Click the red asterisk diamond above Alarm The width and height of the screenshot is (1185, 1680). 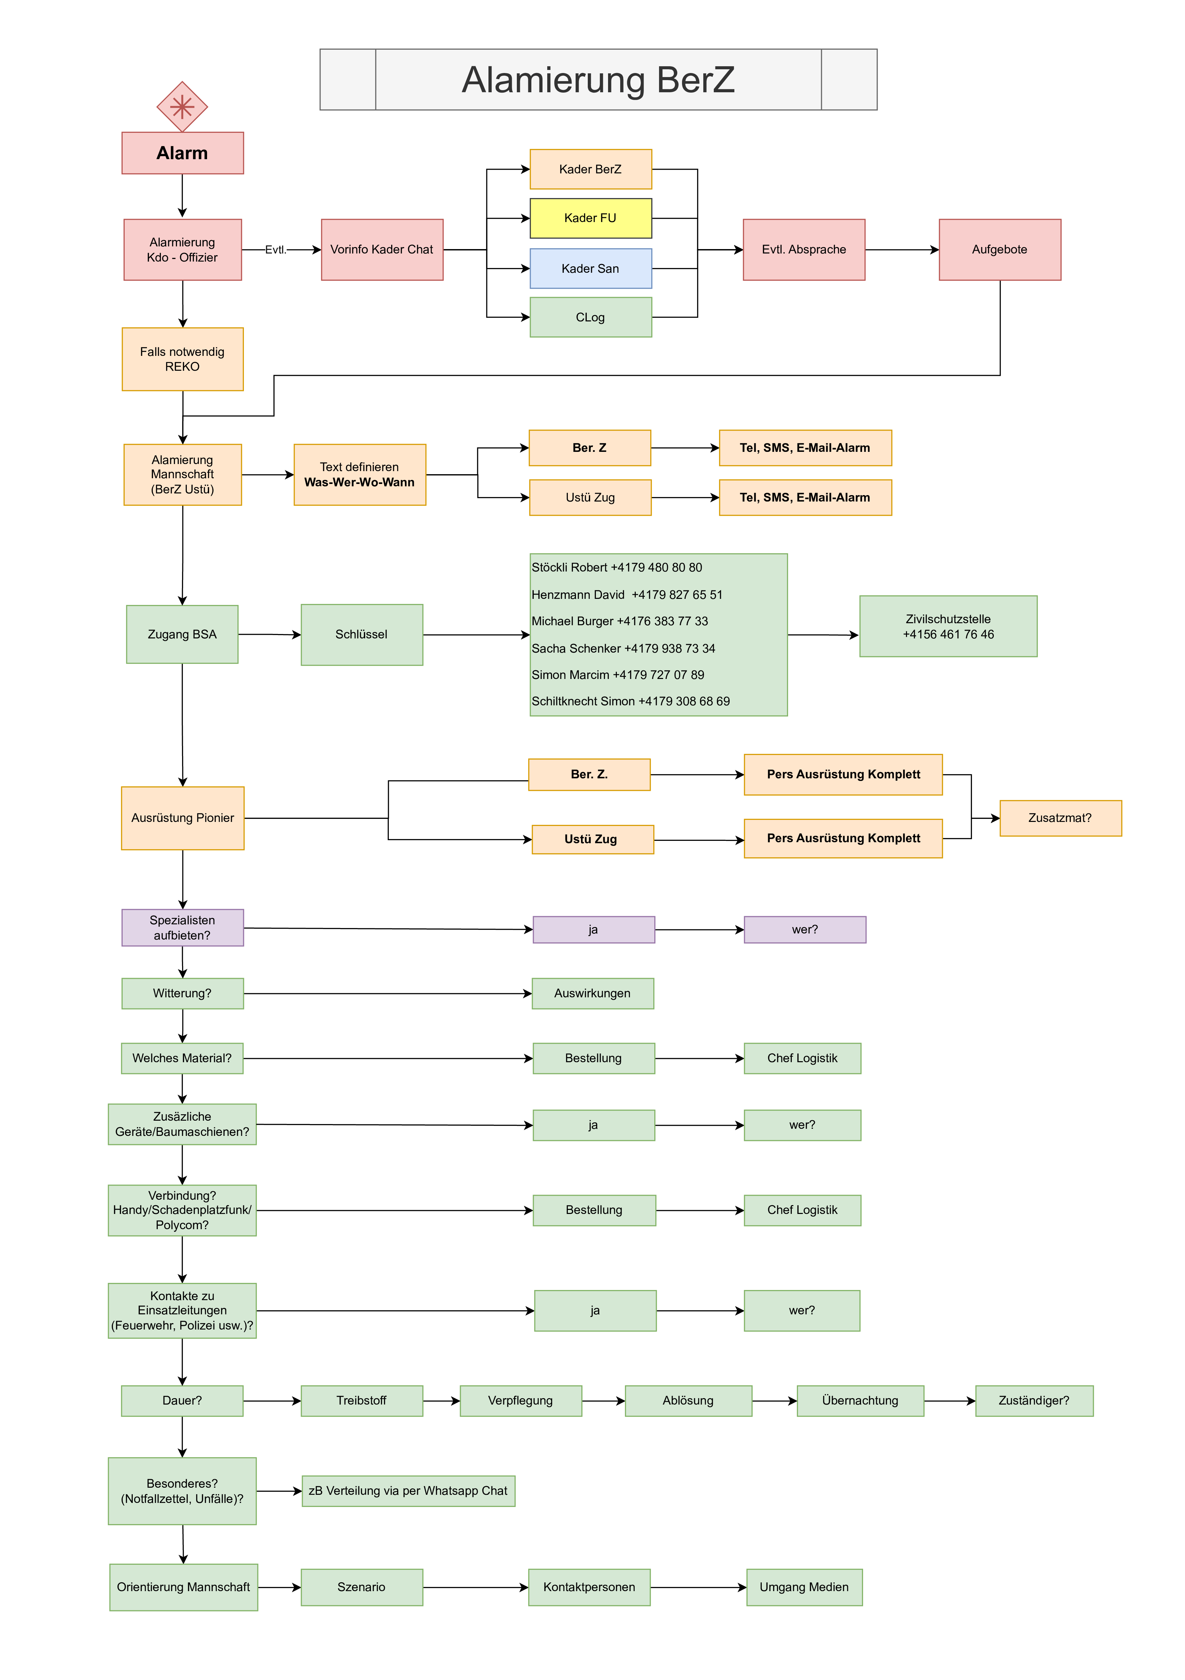[x=182, y=107]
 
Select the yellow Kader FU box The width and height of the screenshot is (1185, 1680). [x=590, y=218]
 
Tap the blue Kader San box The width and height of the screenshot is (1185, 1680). [x=590, y=269]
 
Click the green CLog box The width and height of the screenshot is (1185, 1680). [x=590, y=317]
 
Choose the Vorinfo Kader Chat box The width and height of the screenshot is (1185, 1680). [x=382, y=249]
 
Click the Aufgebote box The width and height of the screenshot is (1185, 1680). [x=999, y=249]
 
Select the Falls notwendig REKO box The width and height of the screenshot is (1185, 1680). [x=182, y=359]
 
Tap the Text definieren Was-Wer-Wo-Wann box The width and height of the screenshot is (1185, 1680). [x=359, y=474]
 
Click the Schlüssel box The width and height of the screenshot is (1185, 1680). [x=361, y=634]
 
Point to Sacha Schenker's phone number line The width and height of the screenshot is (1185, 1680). [x=623, y=648]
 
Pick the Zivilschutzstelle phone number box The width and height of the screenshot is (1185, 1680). [x=948, y=626]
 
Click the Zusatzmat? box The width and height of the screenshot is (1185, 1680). [x=1060, y=818]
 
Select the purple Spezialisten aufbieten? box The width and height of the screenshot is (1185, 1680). [x=182, y=928]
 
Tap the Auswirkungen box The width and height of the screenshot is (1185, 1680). [x=592, y=994]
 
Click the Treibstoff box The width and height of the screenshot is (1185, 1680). [x=361, y=1401]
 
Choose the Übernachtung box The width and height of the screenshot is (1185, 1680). [x=860, y=1401]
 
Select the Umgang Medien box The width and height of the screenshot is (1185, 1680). [x=804, y=1587]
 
